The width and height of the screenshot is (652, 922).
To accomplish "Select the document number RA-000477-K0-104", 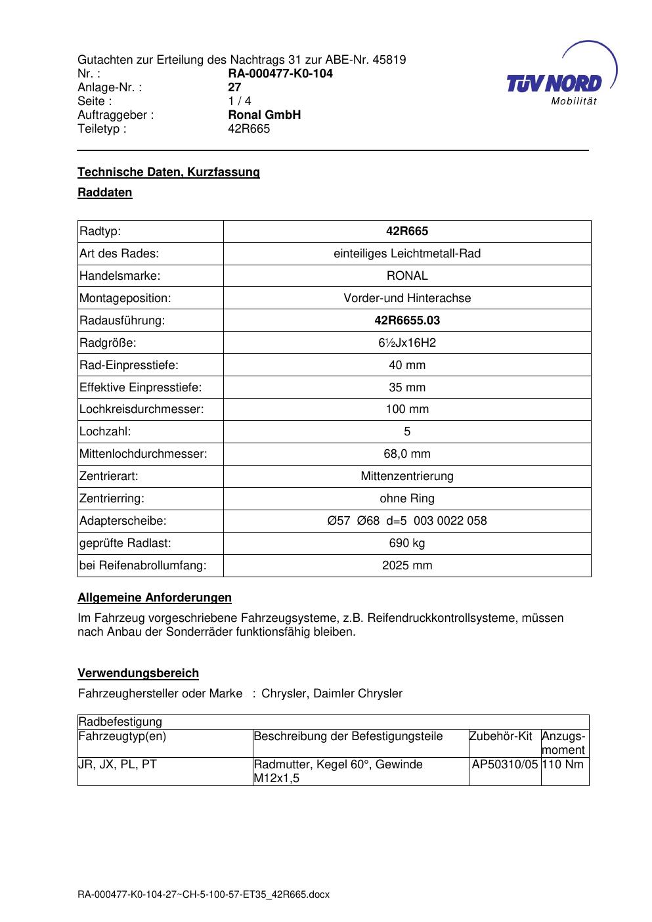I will click(x=280, y=74).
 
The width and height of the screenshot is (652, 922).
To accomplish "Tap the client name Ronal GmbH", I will click(x=264, y=115).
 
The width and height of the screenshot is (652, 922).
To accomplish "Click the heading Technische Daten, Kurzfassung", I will click(x=169, y=172).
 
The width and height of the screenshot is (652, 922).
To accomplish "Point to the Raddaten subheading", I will click(x=105, y=192).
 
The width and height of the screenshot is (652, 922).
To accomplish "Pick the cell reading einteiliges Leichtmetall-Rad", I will click(x=407, y=253).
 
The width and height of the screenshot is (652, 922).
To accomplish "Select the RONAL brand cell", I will click(x=407, y=276).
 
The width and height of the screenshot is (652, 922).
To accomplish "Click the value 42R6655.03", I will click(x=407, y=320).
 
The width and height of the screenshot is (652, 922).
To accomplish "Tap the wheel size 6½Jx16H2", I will click(x=407, y=343).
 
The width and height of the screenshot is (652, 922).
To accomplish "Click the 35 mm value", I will click(x=407, y=387).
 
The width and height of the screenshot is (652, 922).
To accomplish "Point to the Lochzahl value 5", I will click(x=407, y=431).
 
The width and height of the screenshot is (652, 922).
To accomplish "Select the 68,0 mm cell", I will click(x=407, y=454).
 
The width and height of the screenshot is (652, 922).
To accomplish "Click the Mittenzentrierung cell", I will click(x=407, y=476).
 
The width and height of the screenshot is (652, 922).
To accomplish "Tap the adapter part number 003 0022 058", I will click(x=450, y=521).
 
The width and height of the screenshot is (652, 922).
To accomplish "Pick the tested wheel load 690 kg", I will click(x=407, y=543).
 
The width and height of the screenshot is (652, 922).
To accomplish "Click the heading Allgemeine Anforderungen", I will click(x=154, y=598).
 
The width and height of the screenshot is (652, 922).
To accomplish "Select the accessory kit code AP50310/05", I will click(x=504, y=764).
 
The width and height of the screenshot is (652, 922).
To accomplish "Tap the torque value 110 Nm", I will click(x=563, y=764).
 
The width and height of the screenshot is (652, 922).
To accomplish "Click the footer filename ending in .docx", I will click(x=204, y=894).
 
